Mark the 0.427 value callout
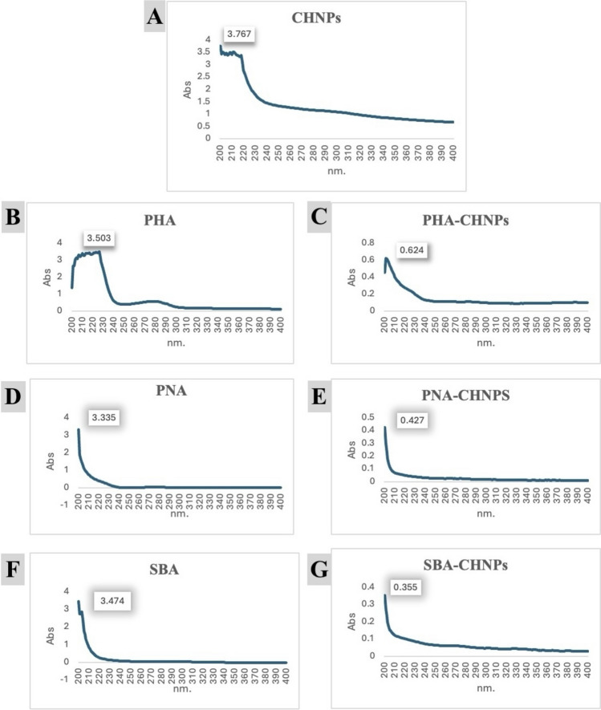pyautogui.click(x=416, y=419)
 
